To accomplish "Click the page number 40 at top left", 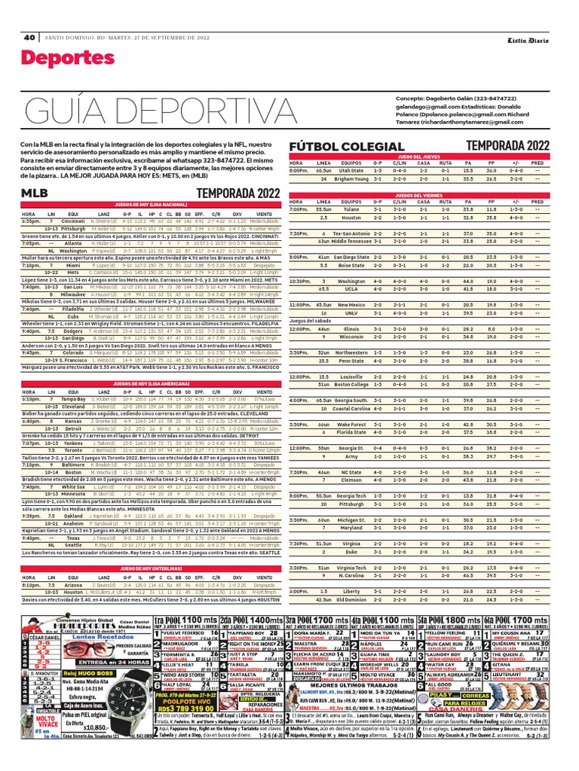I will coord(29,38).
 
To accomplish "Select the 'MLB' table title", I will coord(36,194).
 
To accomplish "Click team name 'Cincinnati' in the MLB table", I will coord(73,221).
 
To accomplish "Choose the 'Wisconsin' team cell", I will coord(352,337).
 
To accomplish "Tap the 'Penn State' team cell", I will coord(352,361).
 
